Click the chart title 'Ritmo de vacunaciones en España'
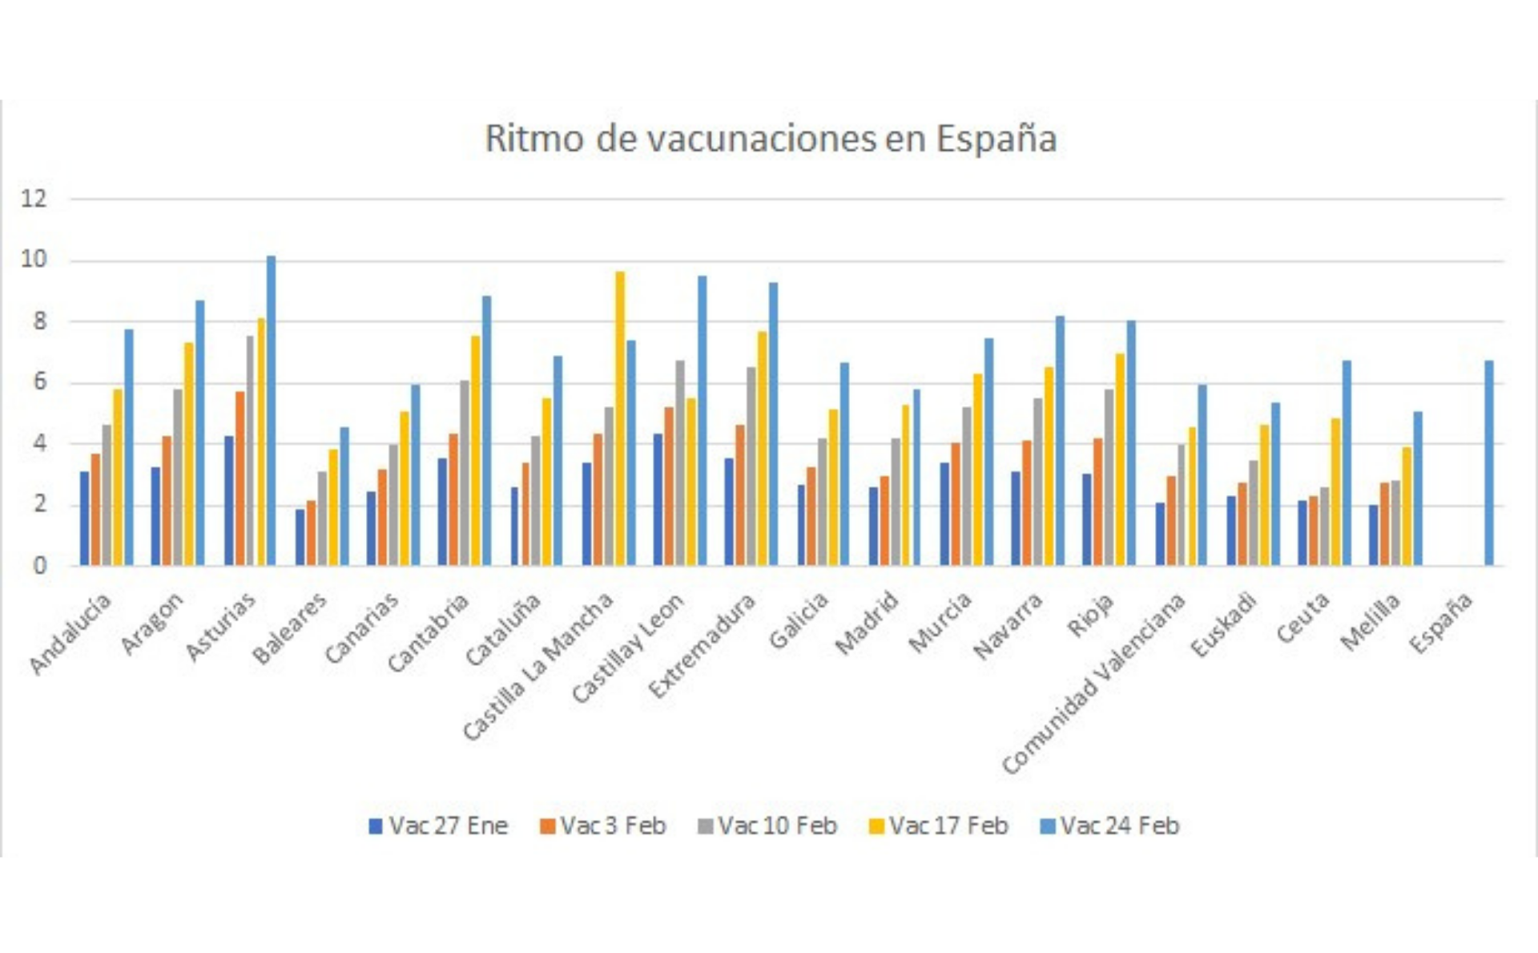(770, 139)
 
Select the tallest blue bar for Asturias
(271, 410)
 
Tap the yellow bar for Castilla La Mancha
(620, 418)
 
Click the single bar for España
(1489, 463)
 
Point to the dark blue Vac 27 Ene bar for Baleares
(300, 537)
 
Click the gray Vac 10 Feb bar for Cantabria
(465, 473)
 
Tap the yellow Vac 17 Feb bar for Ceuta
(1335, 491)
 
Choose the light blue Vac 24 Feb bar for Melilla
(1418, 488)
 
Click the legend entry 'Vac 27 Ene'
(438, 826)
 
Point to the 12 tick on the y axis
(34, 199)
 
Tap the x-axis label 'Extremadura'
(702, 646)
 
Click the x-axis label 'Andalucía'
(70, 633)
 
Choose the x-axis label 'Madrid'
(867, 623)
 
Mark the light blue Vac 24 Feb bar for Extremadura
(773, 424)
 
